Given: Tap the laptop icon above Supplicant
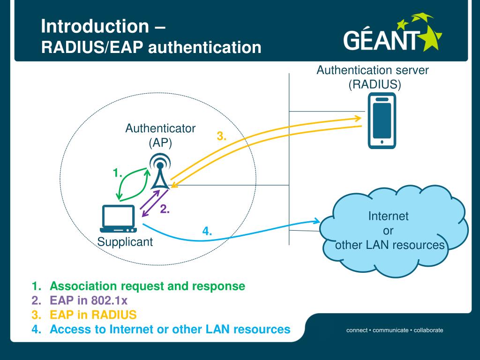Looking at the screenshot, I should pos(118,218).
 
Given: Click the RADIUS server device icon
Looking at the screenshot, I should pos(382,120).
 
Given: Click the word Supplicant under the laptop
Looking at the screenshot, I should pos(125,242).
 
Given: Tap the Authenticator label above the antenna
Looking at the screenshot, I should pos(160,128).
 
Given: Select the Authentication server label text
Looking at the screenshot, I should pos(373,71).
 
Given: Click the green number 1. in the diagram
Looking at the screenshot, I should pos(118,173).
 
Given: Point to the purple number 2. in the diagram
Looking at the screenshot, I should pos(165,210).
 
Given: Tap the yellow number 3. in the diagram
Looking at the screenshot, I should pos(222,136).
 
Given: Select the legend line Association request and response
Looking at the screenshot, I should pos(147,286).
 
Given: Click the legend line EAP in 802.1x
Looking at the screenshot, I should pos(89,300).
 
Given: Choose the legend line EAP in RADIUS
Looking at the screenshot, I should pos(93,315).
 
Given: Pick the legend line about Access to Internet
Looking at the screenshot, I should pos(170,329).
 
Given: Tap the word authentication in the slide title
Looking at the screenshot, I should pos(205,47).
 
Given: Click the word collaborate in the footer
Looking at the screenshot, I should pos(428,330).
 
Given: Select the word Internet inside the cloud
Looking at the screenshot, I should pos(388,217).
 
